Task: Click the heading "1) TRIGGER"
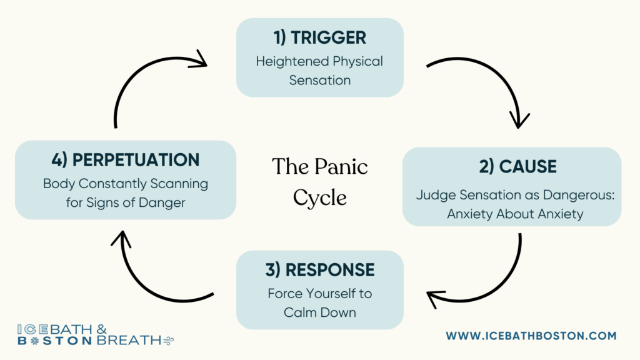coord(319,37)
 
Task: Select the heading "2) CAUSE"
coord(517,166)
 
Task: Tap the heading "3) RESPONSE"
coord(319,270)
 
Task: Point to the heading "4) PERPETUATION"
coord(125,160)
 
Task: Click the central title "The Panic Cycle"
coord(319,182)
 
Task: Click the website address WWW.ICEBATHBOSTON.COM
coord(531,336)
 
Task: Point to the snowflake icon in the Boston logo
coord(35,341)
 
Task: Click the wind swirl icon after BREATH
coord(168,341)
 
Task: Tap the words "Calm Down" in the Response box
coord(319,312)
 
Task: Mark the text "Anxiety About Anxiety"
coord(515,214)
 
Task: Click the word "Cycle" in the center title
coord(319,198)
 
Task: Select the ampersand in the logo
coord(102,329)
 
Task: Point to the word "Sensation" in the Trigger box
coord(319,81)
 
